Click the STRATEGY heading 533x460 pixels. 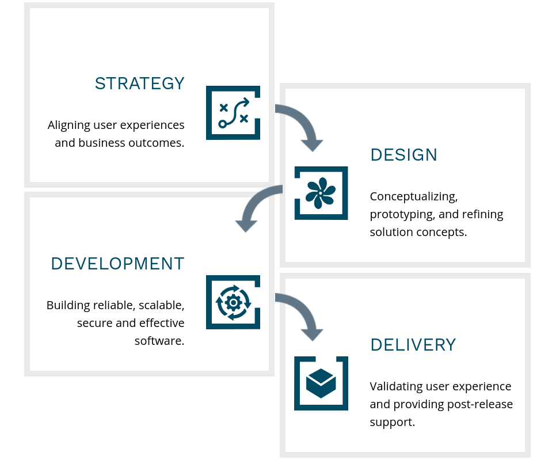coord(140,83)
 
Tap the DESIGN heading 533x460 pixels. coord(404,155)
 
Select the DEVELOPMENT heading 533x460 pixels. coord(117,264)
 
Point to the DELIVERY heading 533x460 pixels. coord(413,345)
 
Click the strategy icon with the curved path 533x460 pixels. coord(233,113)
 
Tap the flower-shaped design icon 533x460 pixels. coord(321,193)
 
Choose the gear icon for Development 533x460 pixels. coord(233,302)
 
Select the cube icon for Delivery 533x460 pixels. coord(321,383)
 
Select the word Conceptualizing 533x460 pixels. coord(414,197)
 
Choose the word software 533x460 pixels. coord(159,341)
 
